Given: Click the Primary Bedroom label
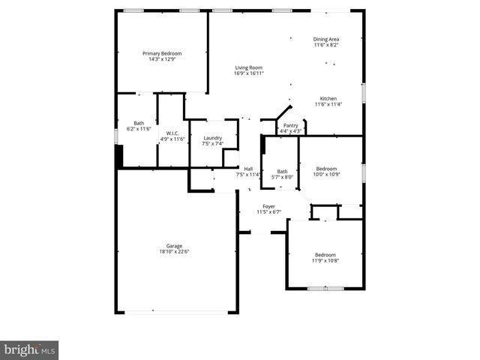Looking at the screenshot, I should (163, 53).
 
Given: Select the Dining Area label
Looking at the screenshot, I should (326, 39).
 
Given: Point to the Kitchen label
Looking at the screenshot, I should (328, 98).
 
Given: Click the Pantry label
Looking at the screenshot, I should (291, 125).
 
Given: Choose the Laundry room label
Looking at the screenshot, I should (212, 137).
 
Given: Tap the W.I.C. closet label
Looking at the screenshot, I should (172, 133).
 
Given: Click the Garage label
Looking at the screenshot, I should (174, 246).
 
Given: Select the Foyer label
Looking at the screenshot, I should (268, 205).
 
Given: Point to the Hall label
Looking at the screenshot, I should (248, 169).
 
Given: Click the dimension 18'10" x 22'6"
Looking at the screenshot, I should (174, 252).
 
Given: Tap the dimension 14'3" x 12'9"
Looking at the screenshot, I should (163, 59).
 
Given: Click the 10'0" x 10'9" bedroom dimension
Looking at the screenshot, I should (327, 175).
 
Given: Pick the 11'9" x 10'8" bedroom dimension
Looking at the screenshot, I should (325, 260).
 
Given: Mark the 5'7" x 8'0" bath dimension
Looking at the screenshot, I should (282, 178).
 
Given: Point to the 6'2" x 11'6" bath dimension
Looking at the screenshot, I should (139, 129).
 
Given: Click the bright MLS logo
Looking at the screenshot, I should (29, 350).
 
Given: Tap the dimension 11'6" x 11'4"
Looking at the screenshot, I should (328, 104).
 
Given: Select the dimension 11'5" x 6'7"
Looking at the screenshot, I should (268, 211).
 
